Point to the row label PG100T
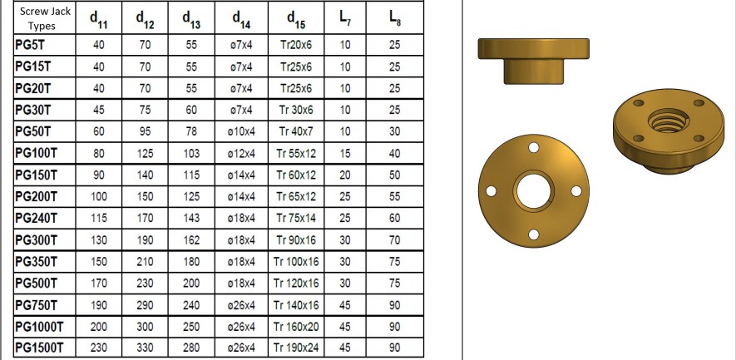coord(38,153)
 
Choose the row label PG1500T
coord(42,348)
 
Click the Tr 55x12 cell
coord(296,153)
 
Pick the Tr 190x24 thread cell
coord(296,348)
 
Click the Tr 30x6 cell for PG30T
coord(296,110)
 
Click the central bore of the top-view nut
coord(531,191)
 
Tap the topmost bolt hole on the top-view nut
coord(531,149)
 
